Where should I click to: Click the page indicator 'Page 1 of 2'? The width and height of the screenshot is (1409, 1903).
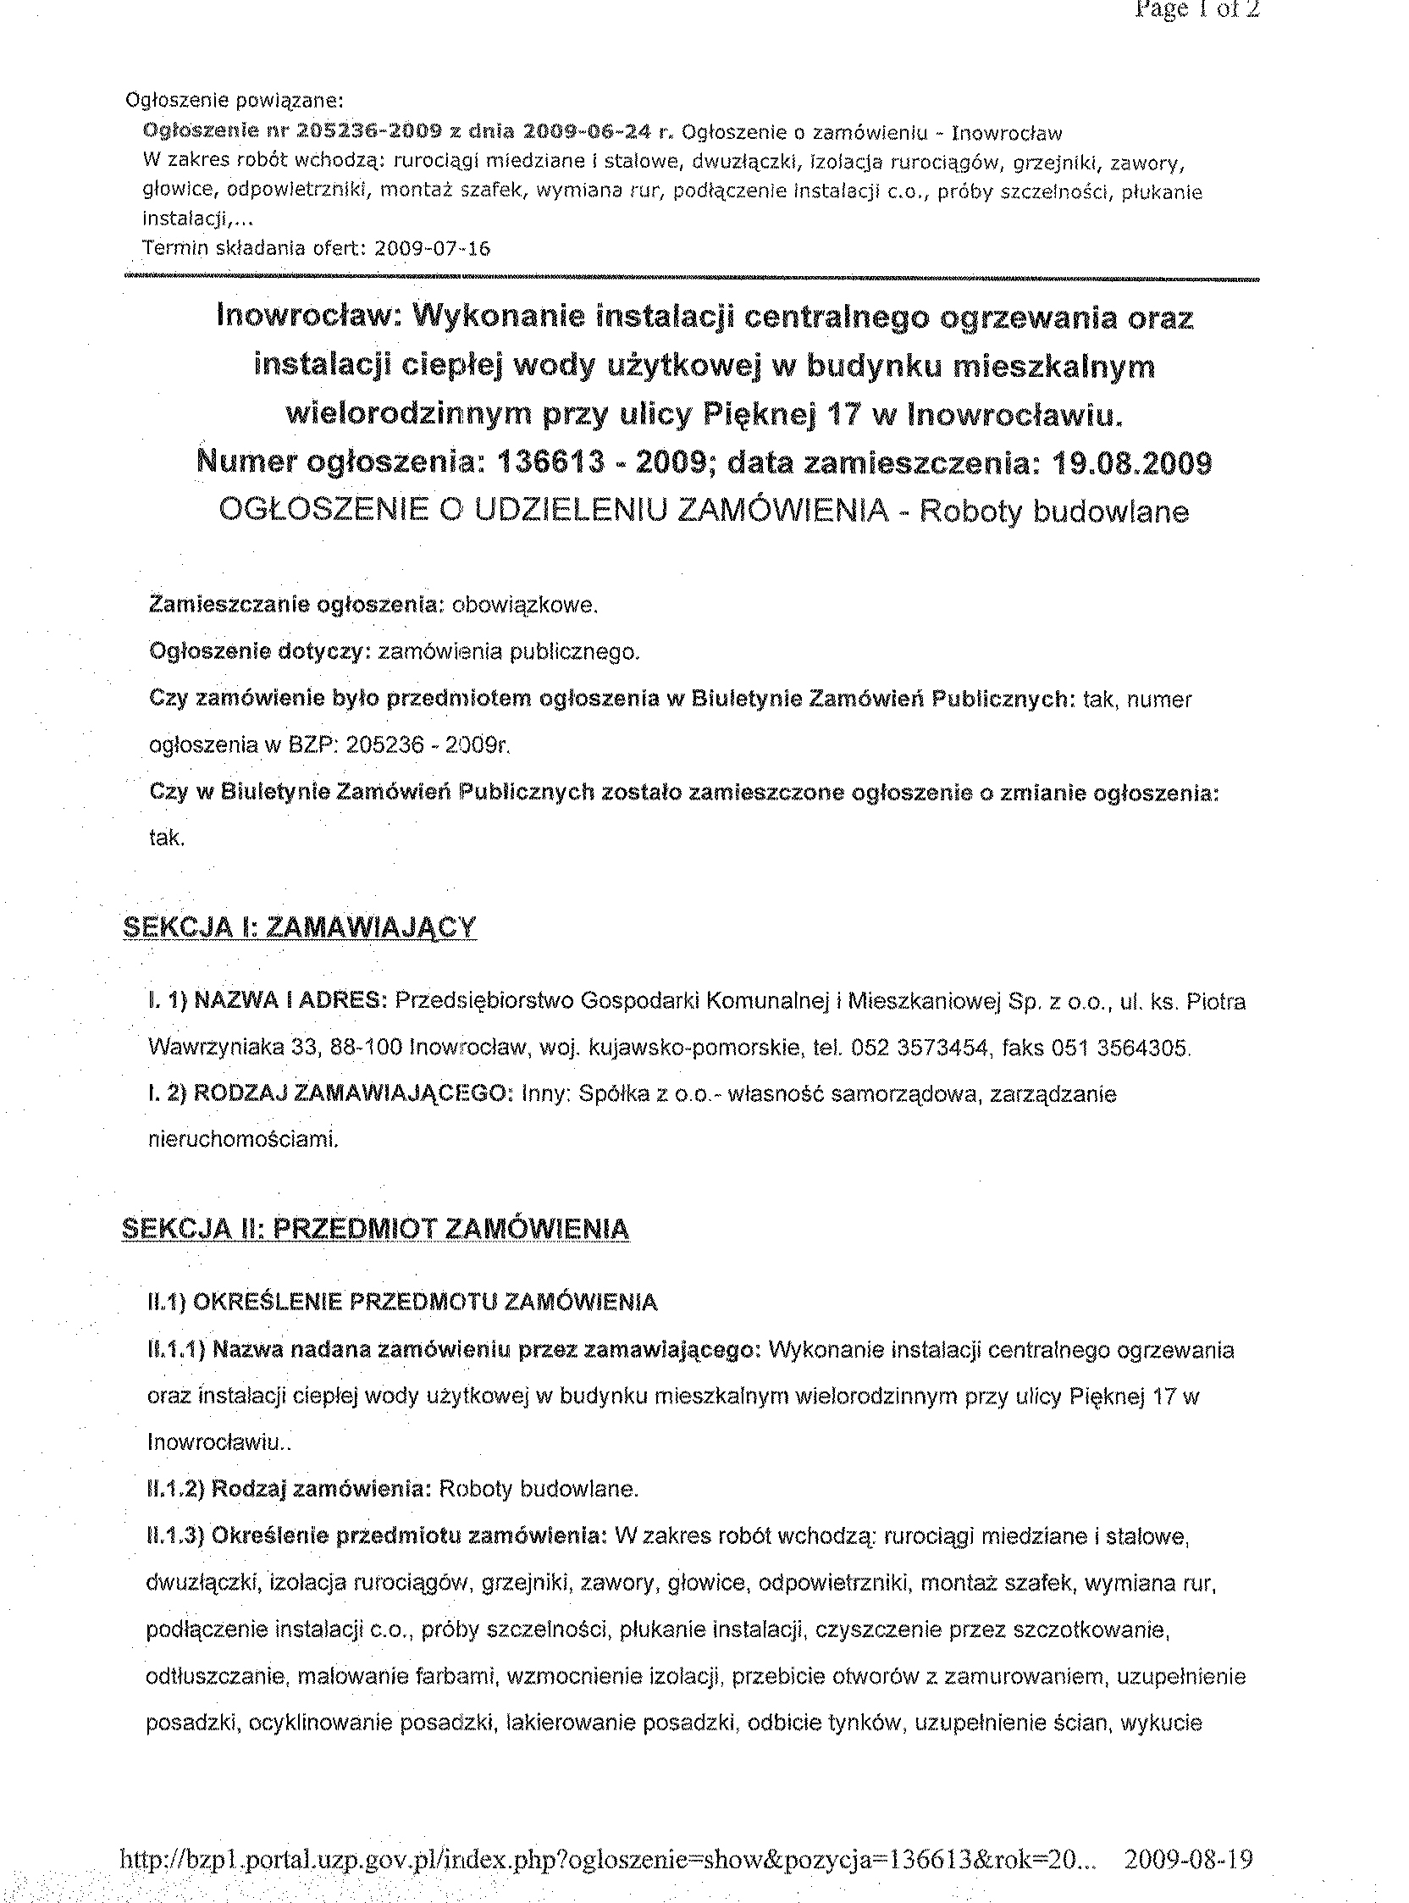pos(1196,10)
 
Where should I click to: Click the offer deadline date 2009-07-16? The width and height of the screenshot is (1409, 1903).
pos(433,248)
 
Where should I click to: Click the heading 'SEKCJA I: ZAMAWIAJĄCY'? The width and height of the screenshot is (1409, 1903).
pos(301,927)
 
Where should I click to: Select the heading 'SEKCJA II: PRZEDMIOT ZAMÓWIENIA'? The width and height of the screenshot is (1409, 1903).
pos(376,1229)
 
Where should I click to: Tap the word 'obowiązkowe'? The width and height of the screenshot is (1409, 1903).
pos(523,606)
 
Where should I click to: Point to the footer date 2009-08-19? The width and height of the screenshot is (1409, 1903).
pos(1188,1859)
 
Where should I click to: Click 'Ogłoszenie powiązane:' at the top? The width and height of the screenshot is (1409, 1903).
pos(235,101)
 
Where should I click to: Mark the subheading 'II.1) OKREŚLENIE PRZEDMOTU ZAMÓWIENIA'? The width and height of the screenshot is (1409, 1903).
pos(402,1303)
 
